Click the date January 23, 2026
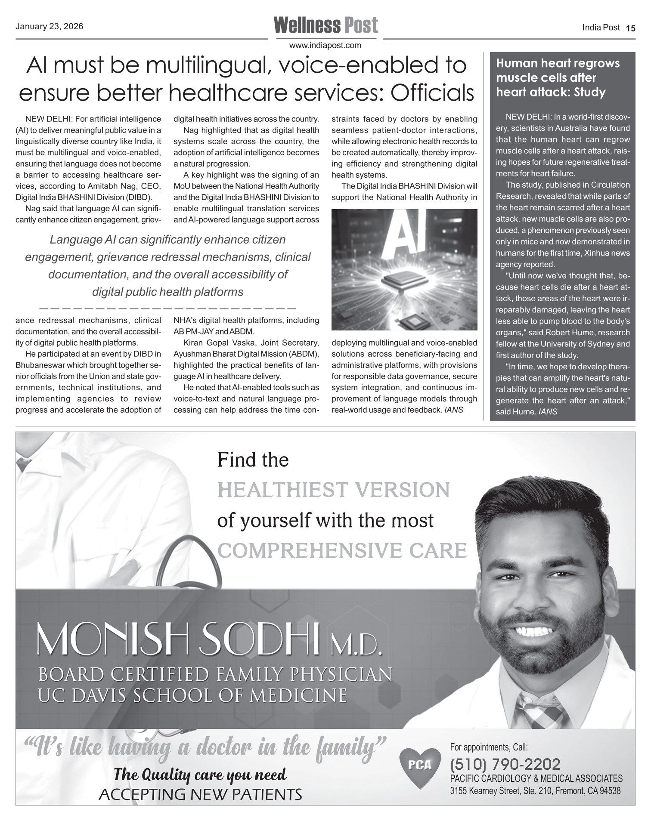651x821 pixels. click(49, 27)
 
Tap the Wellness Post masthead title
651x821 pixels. click(325, 25)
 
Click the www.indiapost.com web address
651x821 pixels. click(325, 45)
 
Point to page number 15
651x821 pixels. click(630, 28)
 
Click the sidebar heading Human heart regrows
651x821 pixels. click(558, 63)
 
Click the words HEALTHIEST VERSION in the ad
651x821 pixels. click(334, 490)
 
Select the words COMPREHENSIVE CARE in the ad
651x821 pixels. click(342, 551)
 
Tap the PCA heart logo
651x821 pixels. click(420, 767)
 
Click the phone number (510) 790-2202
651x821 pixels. click(505, 764)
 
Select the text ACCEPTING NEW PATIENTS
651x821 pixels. click(200, 794)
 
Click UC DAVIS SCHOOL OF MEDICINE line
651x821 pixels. click(193, 696)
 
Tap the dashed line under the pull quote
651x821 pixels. click(167, 309)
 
